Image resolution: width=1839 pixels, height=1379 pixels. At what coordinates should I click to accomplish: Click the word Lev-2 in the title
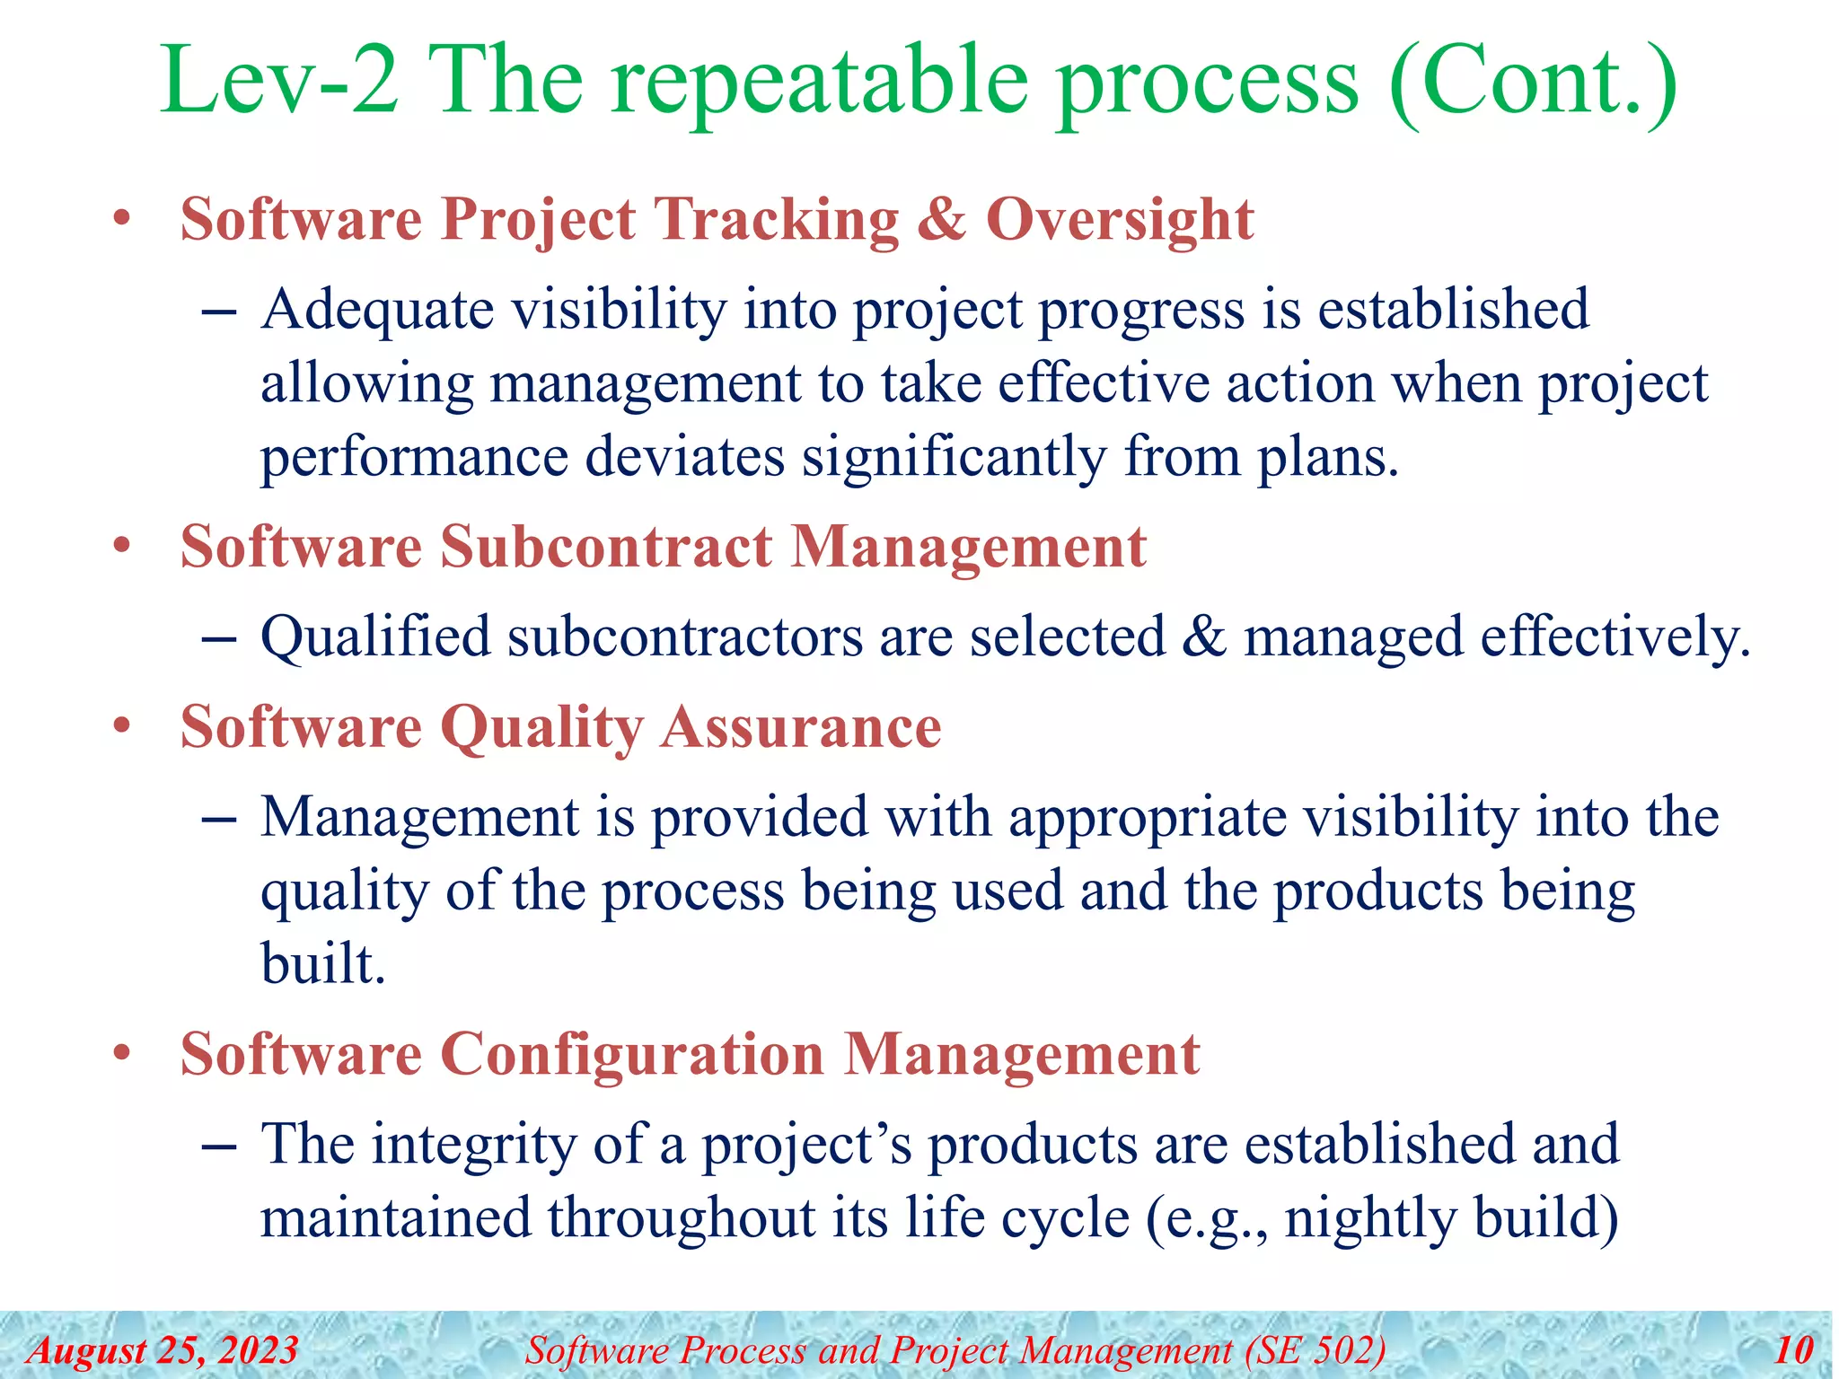point(278,83)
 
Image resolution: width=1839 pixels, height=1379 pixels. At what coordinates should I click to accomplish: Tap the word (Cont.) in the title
point(1531,83)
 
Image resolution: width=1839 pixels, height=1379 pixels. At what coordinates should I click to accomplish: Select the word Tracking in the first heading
point(777,220)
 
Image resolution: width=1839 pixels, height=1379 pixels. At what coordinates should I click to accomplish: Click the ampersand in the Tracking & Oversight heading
point(941,220)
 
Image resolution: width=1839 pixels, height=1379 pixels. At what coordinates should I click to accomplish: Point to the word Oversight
point(1119,220)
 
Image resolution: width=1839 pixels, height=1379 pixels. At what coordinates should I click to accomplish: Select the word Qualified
point(375,638)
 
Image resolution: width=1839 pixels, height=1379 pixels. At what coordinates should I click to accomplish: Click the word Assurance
point(801,728)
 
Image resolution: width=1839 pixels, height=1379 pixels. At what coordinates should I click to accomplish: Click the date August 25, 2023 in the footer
point(163,1350)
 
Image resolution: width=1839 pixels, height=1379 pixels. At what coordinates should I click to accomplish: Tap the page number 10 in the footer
point(1793,1350)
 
